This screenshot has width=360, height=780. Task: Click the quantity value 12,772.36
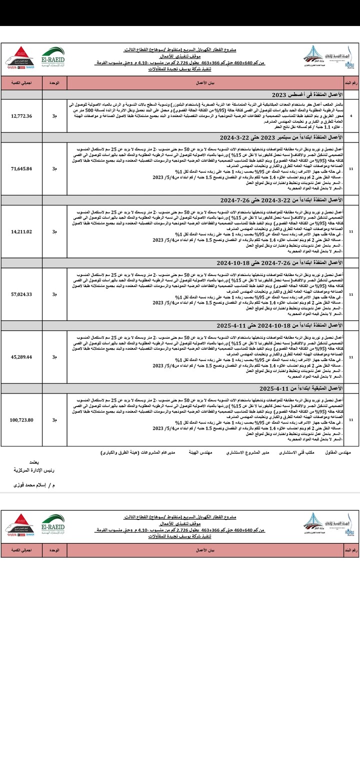(x=21, y=116)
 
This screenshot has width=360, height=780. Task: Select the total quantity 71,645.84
(x=21, y=168)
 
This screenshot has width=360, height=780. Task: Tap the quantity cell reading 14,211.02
(x=21, y=231)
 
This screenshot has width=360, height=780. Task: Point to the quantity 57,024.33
(x=21, y=294)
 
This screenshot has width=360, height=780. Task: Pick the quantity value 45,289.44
(x=21, y=357)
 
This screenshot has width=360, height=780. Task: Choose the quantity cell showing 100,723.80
(x=21, y=420)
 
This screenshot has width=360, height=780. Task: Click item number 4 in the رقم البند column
(x=350, y=116)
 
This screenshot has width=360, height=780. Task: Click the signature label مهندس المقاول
(x=338, y=452)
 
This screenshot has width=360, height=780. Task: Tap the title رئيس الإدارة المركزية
(x=34, y=470)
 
